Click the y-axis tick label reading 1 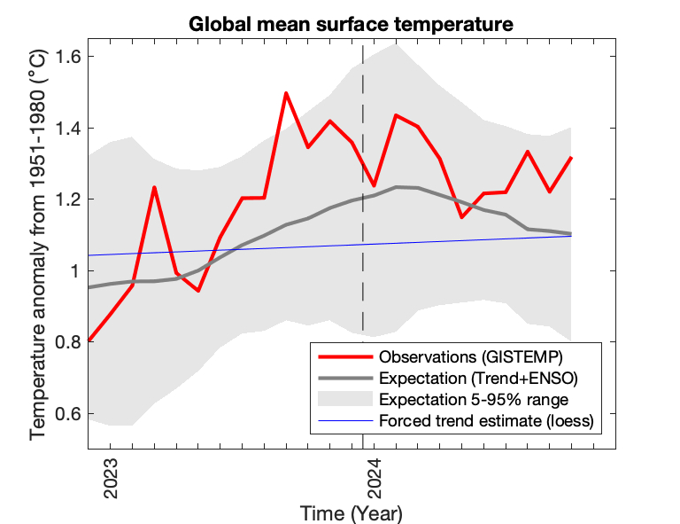[x=75, y=271]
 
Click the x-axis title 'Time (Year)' [x=351, y=512]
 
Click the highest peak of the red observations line [x=286, y=92]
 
